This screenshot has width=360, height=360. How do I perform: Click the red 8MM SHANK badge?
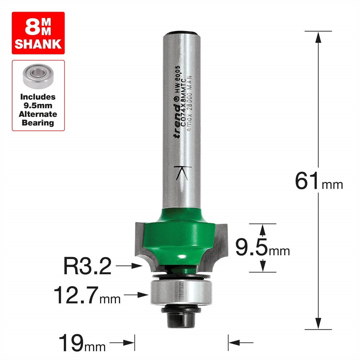click(x=38, y=33)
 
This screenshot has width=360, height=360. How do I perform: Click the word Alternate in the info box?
click(x=38, y=114)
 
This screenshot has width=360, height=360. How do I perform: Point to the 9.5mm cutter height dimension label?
click(x=262, y=247)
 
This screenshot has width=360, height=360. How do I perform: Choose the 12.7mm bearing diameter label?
click(x=87, y=295)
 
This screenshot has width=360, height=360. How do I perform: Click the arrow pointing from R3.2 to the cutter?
click(x=130, y=266)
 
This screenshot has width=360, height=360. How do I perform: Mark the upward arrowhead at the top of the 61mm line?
click(x=318, y=36)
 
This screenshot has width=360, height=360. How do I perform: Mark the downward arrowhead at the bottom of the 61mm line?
click(x=318, y=324)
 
